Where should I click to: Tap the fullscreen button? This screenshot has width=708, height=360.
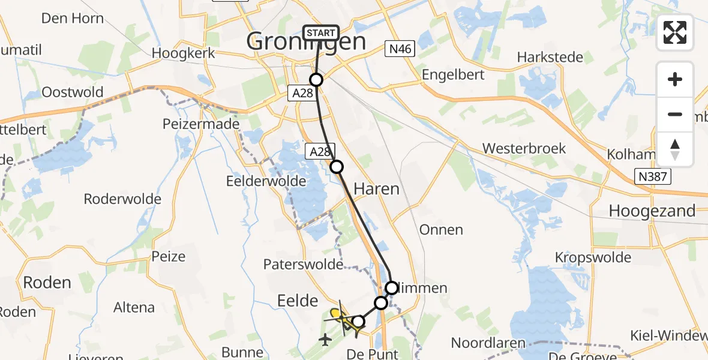pyautogui.click(x=675, y=32)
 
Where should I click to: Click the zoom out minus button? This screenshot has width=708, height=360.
pyautogui.click(x=675, y=114)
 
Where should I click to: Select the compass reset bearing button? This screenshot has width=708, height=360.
pyautogui.click(x=675, y=149)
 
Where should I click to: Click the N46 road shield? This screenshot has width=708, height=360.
pyautogui.click(x=400, y=49)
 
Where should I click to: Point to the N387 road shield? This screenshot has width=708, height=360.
pyautogui.click(x=652, y=176)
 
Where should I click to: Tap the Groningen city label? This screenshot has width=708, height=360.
pyautogui.click(x=306, y=42)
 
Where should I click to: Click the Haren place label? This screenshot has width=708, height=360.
pyautogui.click(x=376, y=189)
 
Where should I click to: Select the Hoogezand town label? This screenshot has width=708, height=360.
pyautogui.click(x=652, y=211)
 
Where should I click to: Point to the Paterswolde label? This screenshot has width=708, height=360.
pyautogui.click(x=303, y=264)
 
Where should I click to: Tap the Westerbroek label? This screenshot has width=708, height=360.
pyautogui.click(x=524, y=148)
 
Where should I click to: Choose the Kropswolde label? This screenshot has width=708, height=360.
pyautogui.click(x=593, y=257)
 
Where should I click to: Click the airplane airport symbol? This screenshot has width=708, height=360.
pyautogui.click(x=326, y=340)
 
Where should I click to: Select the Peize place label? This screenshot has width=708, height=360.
pyautogui.click(x=169, y=256)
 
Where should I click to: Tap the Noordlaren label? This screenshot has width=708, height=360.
pyautogui.click(x=488, y=343)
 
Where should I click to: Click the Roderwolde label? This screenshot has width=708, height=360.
pyautogui.click(x=122, y=199)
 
